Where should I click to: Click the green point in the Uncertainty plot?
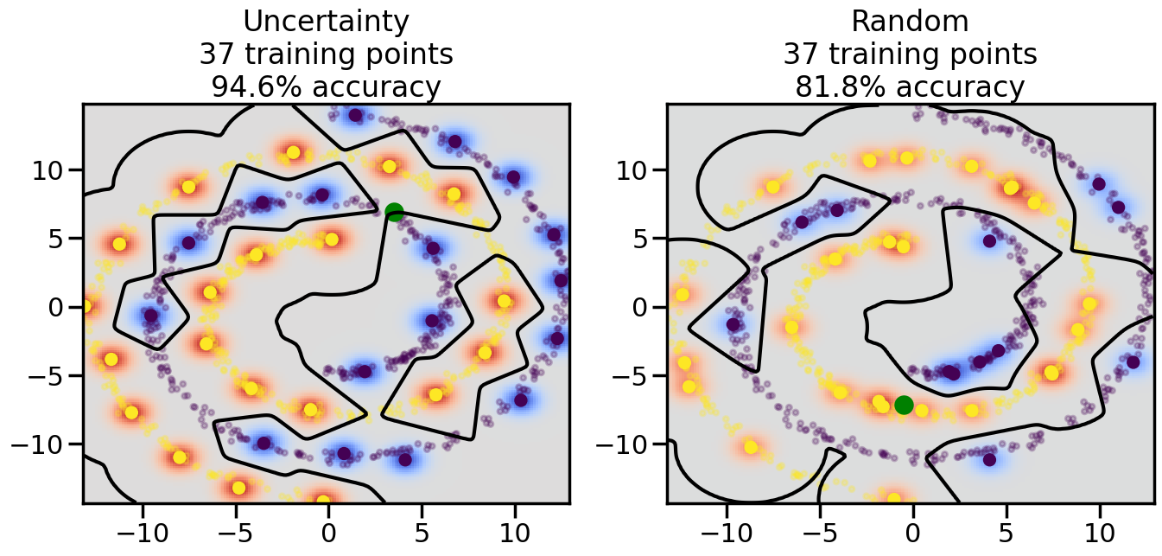pos(394,212)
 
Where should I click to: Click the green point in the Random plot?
pos(904,405)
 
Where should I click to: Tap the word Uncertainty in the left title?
pos(326,21)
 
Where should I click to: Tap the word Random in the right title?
pos(910,21)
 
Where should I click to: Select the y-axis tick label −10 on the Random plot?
pos(626,444)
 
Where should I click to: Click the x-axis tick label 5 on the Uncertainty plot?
pos(422,527)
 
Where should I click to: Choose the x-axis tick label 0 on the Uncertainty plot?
pos(328,527)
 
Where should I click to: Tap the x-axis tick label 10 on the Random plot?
pos(1099,527)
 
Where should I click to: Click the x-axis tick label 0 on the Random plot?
pos(912,527)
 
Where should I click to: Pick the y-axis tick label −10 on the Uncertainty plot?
pos(42,444)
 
